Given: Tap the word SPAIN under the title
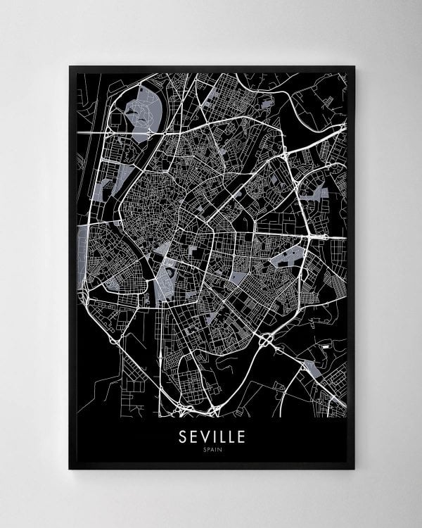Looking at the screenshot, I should coord(211,450).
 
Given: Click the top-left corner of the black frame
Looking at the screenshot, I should coord(69,66).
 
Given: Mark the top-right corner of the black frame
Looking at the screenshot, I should coord(355,66).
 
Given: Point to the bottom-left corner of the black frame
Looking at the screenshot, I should coord(69,470).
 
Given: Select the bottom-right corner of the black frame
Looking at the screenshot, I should coord(355,470).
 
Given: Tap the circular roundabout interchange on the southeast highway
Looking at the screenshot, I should coord(268,341).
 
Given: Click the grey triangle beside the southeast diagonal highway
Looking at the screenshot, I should coord(309,366).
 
